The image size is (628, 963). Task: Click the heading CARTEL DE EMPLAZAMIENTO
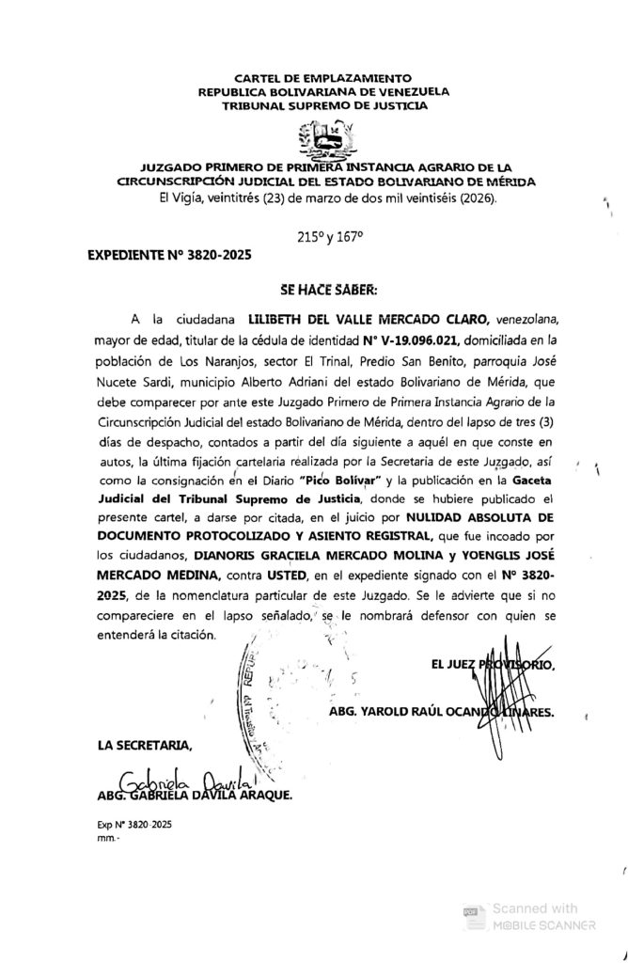pyautogui.click(x=322, y=77)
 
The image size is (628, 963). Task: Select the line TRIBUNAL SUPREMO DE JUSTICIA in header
pyautogui.click(x=322, y=107)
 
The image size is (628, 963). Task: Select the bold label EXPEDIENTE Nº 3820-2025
pyautogui.click(x=169, y=255)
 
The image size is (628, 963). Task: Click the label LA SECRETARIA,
pyautogui.click(x=145, y=747)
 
